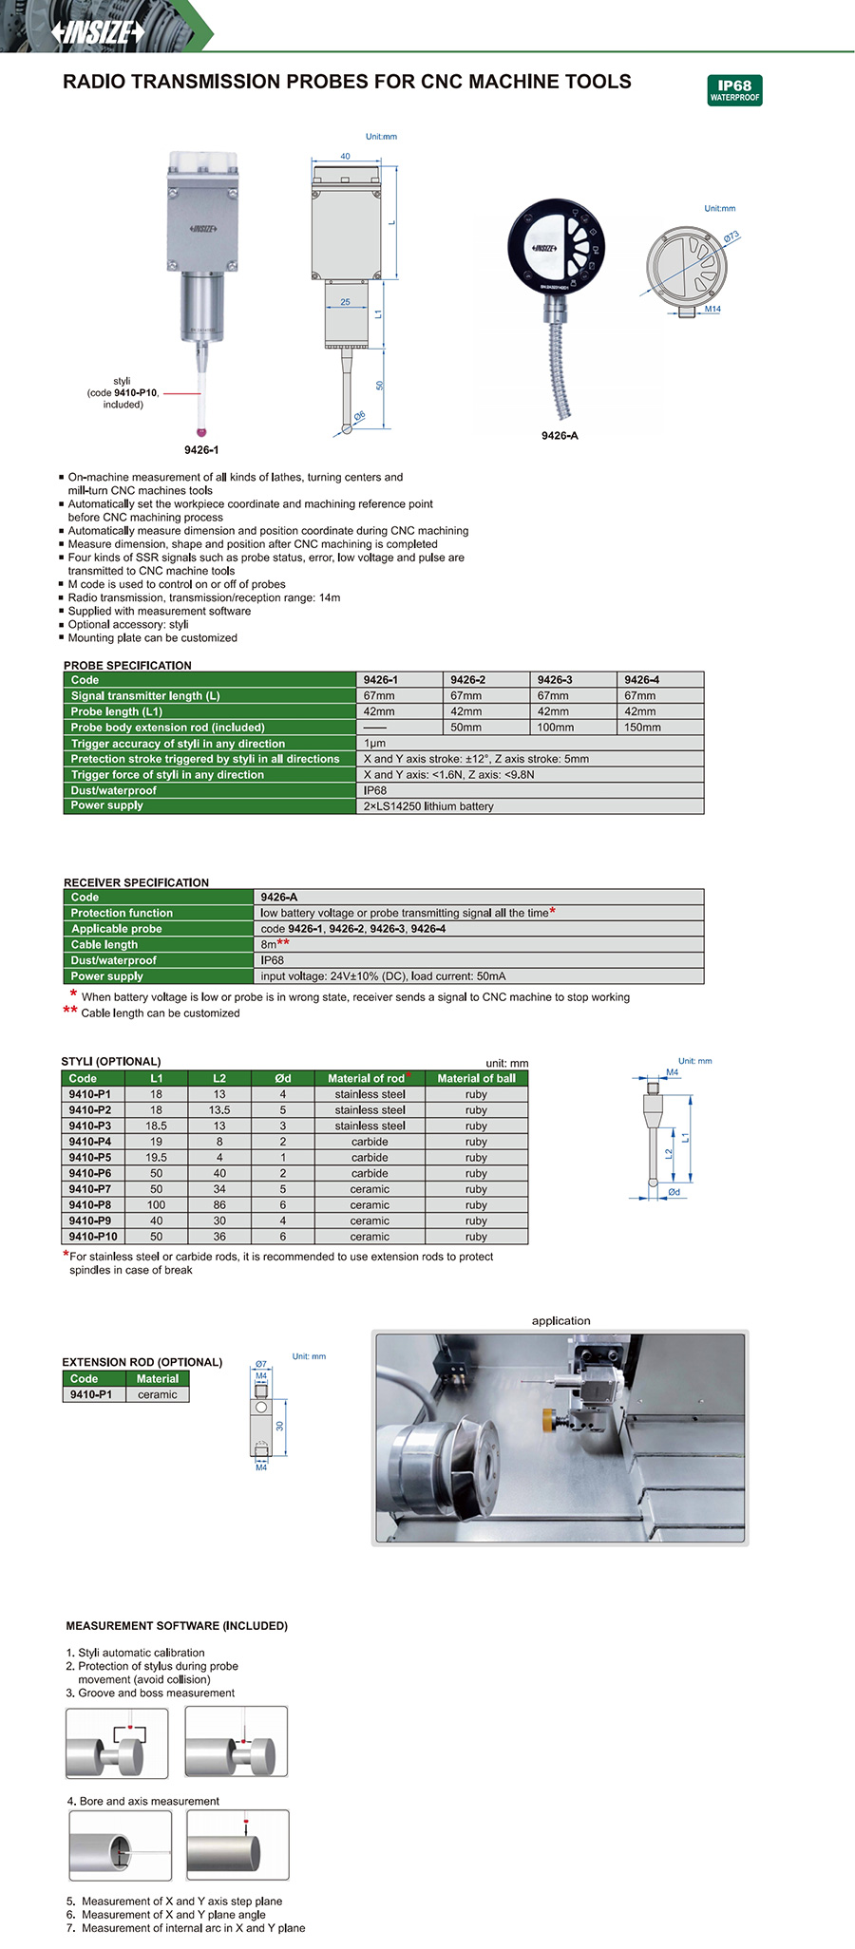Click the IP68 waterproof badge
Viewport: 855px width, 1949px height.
[734, 90]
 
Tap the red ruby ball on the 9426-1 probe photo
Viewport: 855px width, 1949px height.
[200, 432]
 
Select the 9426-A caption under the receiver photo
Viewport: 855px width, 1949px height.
[560, 435]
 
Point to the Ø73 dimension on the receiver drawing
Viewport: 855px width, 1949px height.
[731, 237]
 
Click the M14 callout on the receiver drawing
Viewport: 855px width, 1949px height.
[712, 309]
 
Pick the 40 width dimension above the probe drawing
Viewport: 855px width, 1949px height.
[345, 156]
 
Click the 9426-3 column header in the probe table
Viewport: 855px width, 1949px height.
[555, 680]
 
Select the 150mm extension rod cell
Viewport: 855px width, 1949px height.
[642, 728]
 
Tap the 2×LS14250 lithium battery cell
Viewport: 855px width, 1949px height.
[428, 806]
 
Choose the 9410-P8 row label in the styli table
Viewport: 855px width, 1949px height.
[90, 1204]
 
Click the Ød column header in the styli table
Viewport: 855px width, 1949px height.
[282, 1078]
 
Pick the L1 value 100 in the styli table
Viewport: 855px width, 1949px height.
[156, 1204]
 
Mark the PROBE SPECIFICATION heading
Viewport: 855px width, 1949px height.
[127, 665]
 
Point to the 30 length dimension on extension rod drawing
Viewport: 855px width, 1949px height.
[280, 1426]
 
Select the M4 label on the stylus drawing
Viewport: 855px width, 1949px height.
[673, 1072]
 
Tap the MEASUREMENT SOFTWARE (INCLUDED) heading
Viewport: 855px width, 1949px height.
[177, 1625]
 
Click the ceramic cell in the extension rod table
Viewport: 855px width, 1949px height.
[157, 1394]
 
